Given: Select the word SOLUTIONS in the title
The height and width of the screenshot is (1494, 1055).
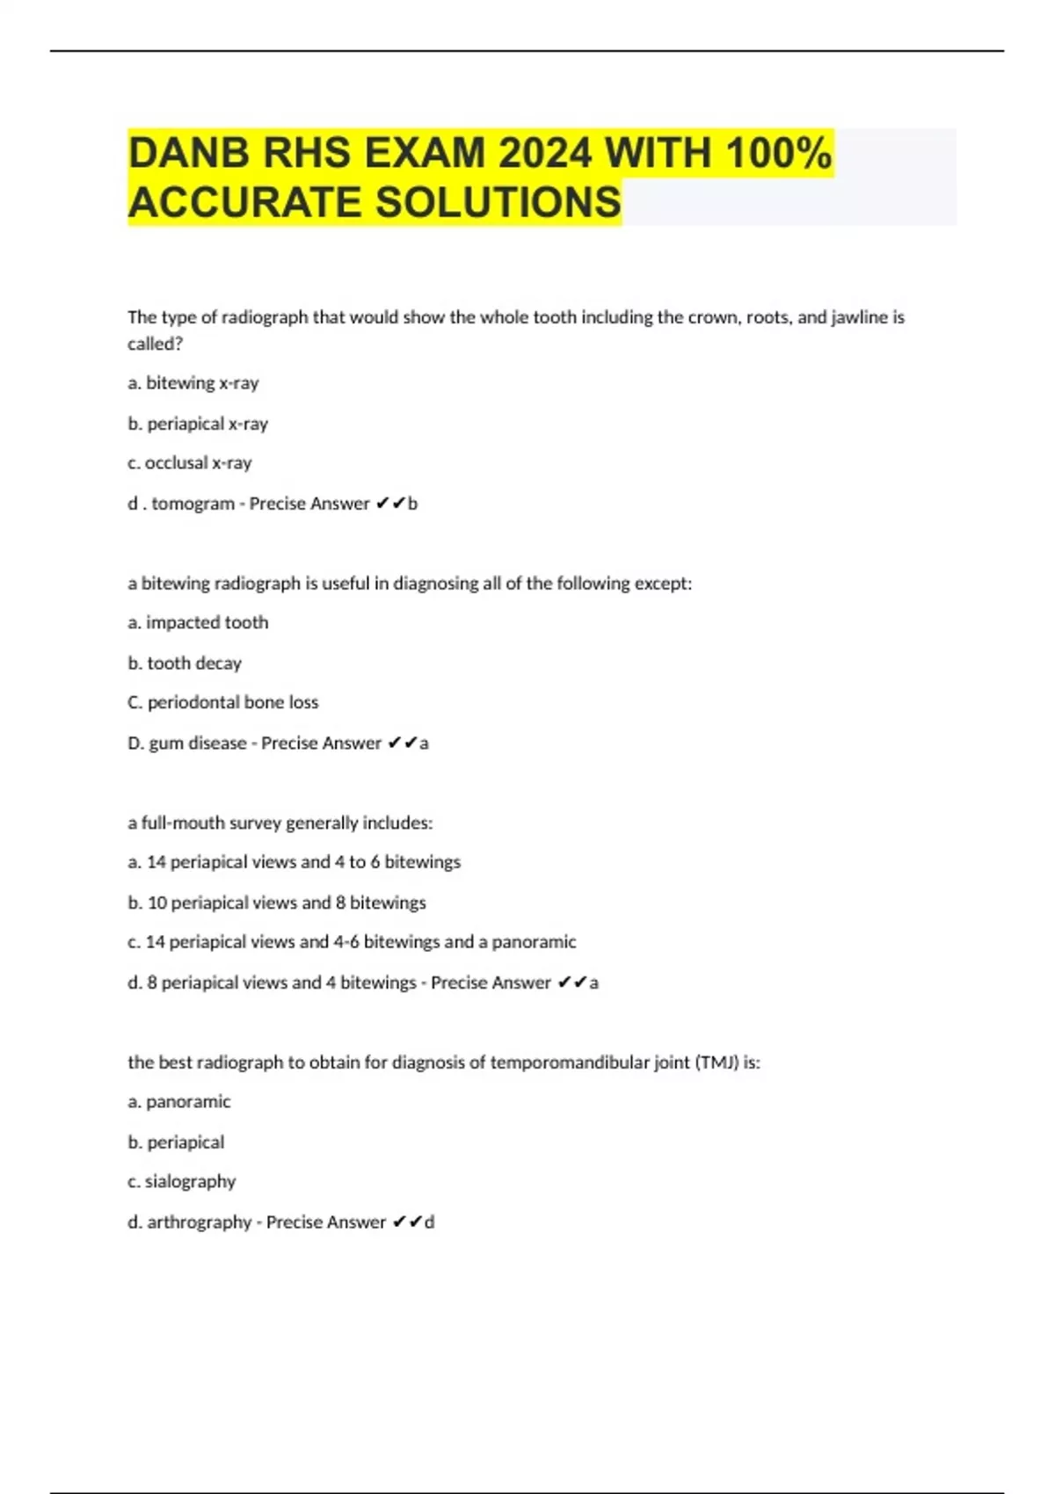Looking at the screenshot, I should [498, 203].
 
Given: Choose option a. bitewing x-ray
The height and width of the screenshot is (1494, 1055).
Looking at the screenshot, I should [193, 383].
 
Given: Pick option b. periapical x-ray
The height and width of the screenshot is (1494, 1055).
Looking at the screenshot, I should [198, 424].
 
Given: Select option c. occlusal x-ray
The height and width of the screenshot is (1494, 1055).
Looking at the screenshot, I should [190, 463].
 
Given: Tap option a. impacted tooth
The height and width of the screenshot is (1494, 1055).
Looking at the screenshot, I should [198, 622].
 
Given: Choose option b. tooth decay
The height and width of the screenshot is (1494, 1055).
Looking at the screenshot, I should [185, 664].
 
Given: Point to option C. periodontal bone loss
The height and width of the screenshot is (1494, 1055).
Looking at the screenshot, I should [222, 702].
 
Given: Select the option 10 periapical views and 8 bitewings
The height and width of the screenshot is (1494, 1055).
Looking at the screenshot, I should [277, 903].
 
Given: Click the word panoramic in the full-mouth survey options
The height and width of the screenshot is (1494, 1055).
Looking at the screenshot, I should [534, 942].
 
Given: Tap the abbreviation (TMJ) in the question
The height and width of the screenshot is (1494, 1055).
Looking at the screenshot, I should [717, 1062].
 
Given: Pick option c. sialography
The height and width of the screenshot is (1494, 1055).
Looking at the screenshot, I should [182, 1181].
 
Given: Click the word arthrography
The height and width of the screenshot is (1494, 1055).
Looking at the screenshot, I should [199, 1222].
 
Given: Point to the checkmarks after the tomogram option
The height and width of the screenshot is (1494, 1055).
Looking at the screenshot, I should [390, 504].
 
